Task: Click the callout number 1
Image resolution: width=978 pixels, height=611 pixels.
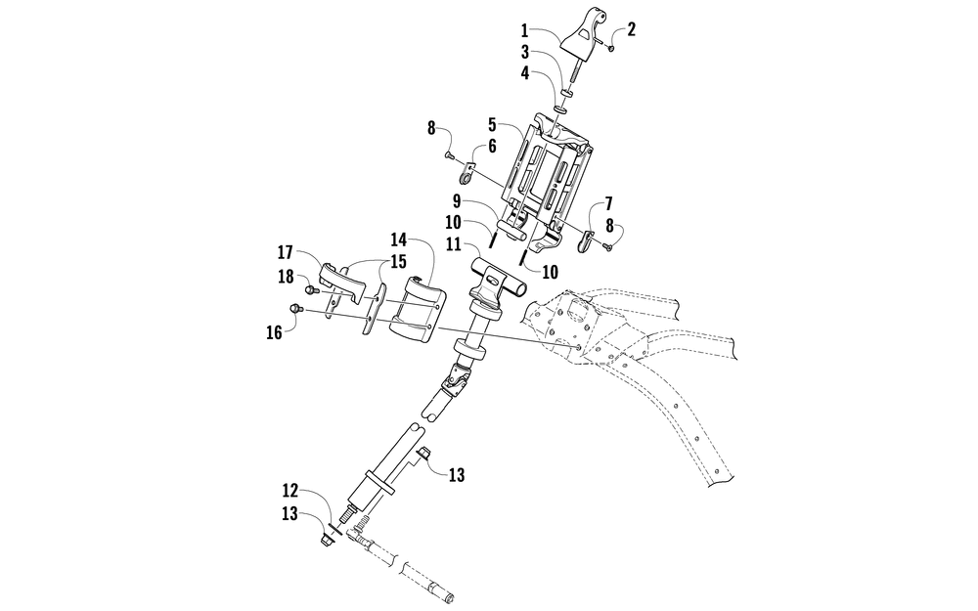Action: point(524,29)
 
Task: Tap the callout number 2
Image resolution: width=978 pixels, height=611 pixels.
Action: point(631,29)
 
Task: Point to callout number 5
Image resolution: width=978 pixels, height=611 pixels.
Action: point(492,123)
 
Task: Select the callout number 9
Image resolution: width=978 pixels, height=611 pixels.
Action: point(457,200)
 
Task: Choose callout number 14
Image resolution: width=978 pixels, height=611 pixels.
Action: point(399,240)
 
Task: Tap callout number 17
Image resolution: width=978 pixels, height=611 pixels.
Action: point(285,252)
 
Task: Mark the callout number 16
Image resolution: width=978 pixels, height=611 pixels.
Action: point(275,332)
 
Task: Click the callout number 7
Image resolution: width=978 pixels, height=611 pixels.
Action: point(608,203)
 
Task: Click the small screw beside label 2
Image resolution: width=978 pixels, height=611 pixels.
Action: point(610,48)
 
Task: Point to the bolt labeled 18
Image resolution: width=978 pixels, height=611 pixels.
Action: point(310,289)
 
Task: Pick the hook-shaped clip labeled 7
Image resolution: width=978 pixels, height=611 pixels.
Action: point(585,241)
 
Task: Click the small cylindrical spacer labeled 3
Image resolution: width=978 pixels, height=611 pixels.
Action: point(568,92)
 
